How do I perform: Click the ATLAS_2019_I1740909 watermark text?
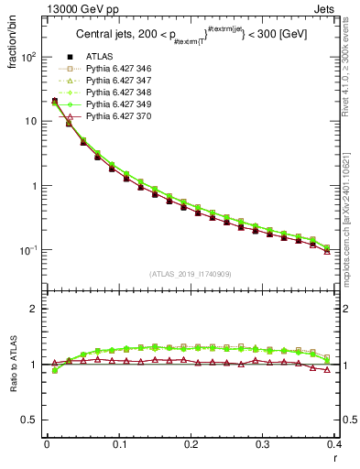pos(190,274)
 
